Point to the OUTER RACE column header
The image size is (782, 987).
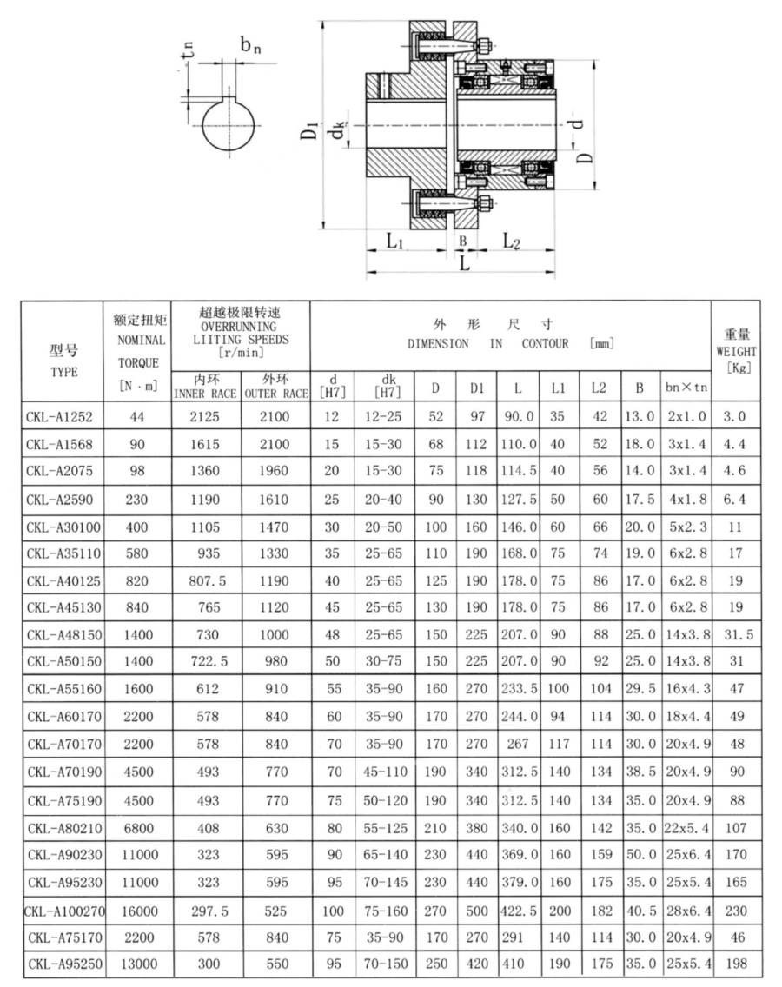pos(276,387)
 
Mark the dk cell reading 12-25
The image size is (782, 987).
pos(382,417)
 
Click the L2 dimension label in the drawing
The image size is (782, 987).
pos(512,242)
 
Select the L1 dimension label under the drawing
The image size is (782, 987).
pos(395,242)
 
